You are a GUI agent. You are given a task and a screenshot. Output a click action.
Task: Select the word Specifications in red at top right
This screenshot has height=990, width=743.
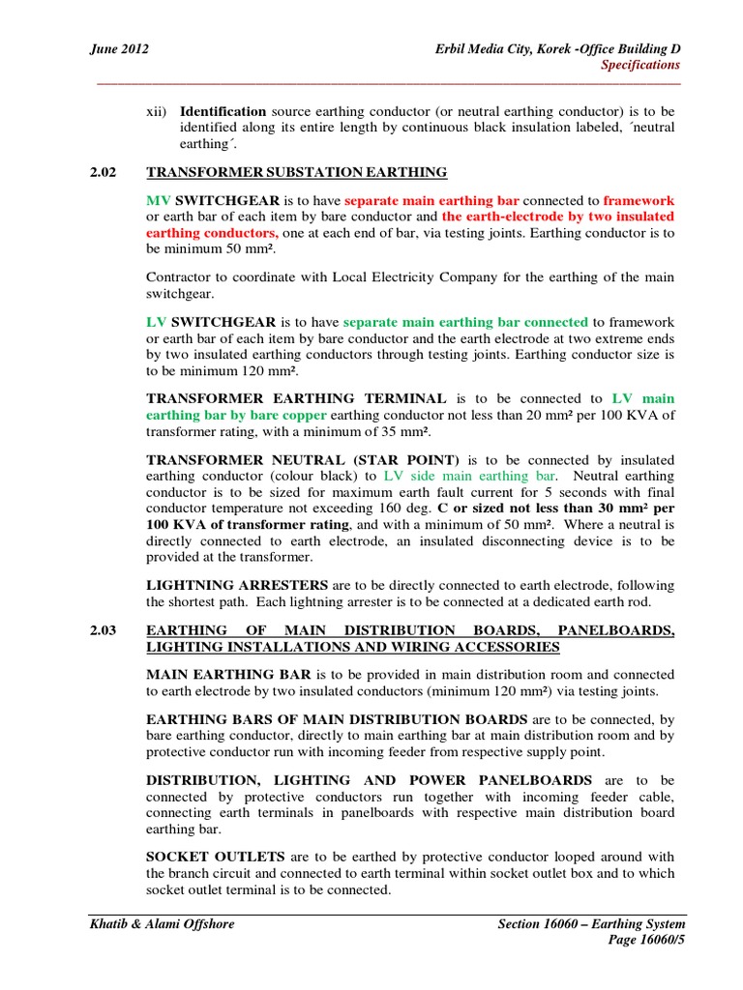pyautogui.click(x=640, y=65)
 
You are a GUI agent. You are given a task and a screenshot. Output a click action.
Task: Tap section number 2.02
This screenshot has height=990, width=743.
pyautogui.click(x=103, y=172)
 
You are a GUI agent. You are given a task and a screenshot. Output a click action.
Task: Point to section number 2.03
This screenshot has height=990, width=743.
pyautogui.click(x=103, y=630)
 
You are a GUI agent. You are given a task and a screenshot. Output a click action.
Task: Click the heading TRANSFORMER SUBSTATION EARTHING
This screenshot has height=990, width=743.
pyautogui.click(x=296, y=172)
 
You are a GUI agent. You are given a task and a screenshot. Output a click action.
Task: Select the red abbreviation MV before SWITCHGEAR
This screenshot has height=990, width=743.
pyautogui.click(x=158, y=200)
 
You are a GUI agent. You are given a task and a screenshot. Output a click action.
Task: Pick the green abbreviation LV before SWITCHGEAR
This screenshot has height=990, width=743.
pyautogui.click(x=156, y=322)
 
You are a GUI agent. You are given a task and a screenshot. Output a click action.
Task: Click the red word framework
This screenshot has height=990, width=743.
pyautogui.click(x=639, y=200)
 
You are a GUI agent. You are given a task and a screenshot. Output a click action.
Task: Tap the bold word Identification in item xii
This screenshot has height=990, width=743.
pyautogui.click(x=223, y=112)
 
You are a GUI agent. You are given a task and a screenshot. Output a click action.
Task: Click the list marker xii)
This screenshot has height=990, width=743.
pyautogui.click(x=157, y=112)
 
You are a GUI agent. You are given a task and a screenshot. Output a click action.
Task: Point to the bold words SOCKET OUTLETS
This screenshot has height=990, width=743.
pyautogui.click(x=201, y=858)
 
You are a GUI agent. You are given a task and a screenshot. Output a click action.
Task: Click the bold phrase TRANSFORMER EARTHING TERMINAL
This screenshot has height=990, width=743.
pyautogui.click(x=296, y=398)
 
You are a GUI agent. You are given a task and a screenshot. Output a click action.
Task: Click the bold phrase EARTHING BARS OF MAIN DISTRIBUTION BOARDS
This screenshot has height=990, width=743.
pyautogui.click(x=337, y=719)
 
